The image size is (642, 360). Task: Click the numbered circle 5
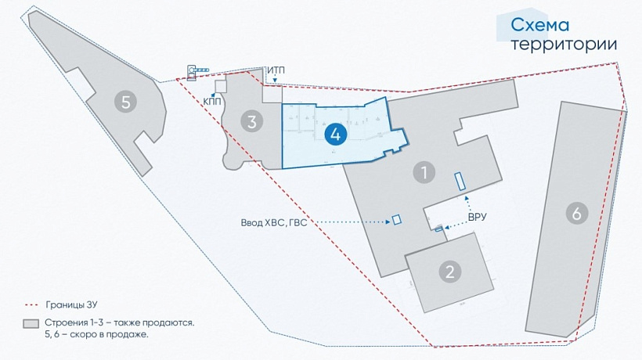[x=124, y=100]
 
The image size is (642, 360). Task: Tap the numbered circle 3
[x=251, y=121]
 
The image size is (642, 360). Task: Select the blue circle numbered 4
[x=335, y=134]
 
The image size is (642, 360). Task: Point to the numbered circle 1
[x=424, y=171]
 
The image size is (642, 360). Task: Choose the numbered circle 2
[x=449, y=272]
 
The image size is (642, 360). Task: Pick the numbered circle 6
[x=576, y=214]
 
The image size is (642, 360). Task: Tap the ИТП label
[x=276, y=71]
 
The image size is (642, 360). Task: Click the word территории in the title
[x=564, y=44]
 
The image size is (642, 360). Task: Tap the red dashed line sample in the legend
[x=31, y=304]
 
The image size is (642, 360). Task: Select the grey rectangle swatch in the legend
[x=31, y=323]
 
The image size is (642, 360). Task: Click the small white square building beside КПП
[x=221, y=85]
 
